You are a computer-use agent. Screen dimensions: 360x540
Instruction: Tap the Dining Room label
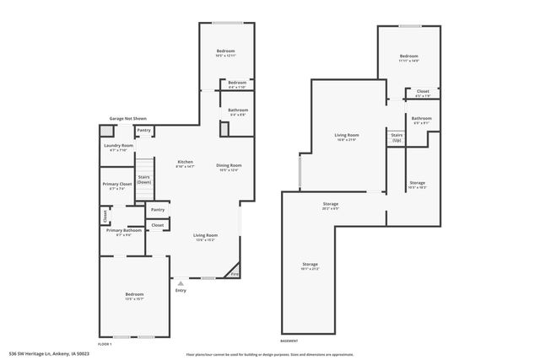coord(229,167)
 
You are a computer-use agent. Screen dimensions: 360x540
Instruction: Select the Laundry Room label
coord(119,148)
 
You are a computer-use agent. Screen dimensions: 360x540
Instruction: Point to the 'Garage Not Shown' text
coord(128,119)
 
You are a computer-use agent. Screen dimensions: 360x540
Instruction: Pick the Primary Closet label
coord(117,185)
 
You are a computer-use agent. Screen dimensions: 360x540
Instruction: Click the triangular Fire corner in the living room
coord(234,273)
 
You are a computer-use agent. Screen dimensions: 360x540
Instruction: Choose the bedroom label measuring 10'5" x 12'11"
coord(225,53)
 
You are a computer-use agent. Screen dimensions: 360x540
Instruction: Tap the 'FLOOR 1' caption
coord(105,343)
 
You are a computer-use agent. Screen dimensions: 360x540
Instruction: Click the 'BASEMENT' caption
coord(289,340)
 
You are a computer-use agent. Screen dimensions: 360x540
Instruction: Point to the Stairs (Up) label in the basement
coord(396,137)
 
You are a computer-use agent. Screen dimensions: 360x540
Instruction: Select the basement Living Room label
coord(347,137)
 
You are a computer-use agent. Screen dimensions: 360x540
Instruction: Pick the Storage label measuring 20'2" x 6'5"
coord(331,206)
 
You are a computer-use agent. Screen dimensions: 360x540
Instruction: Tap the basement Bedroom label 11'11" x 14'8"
coord(409,58)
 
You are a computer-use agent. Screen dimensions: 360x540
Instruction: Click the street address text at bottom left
coord(49,354)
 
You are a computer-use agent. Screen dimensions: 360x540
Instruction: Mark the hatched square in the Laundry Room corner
coord(106,132)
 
